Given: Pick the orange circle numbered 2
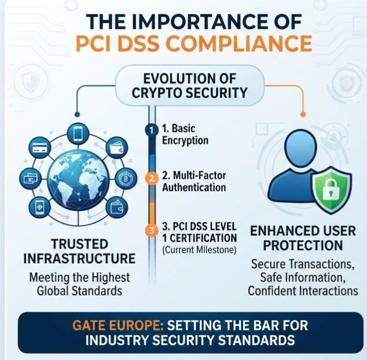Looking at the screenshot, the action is [152, 179].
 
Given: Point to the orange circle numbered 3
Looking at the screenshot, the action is [152, 230].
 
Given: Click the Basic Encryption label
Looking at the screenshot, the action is [185, 135].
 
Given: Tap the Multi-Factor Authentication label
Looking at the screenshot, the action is [194, 181].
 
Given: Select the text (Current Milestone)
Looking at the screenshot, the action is [199, 250].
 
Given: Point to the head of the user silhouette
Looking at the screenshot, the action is [300, 145].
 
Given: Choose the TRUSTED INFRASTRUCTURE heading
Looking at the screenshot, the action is [79, 251].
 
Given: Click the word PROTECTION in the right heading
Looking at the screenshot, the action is [303, 245].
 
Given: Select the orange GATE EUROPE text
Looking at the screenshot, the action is [118, 325].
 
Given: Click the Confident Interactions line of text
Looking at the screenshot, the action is [303, 291].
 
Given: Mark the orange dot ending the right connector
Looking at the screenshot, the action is [303, 114].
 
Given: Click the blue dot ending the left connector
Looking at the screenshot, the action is [77, 114].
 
